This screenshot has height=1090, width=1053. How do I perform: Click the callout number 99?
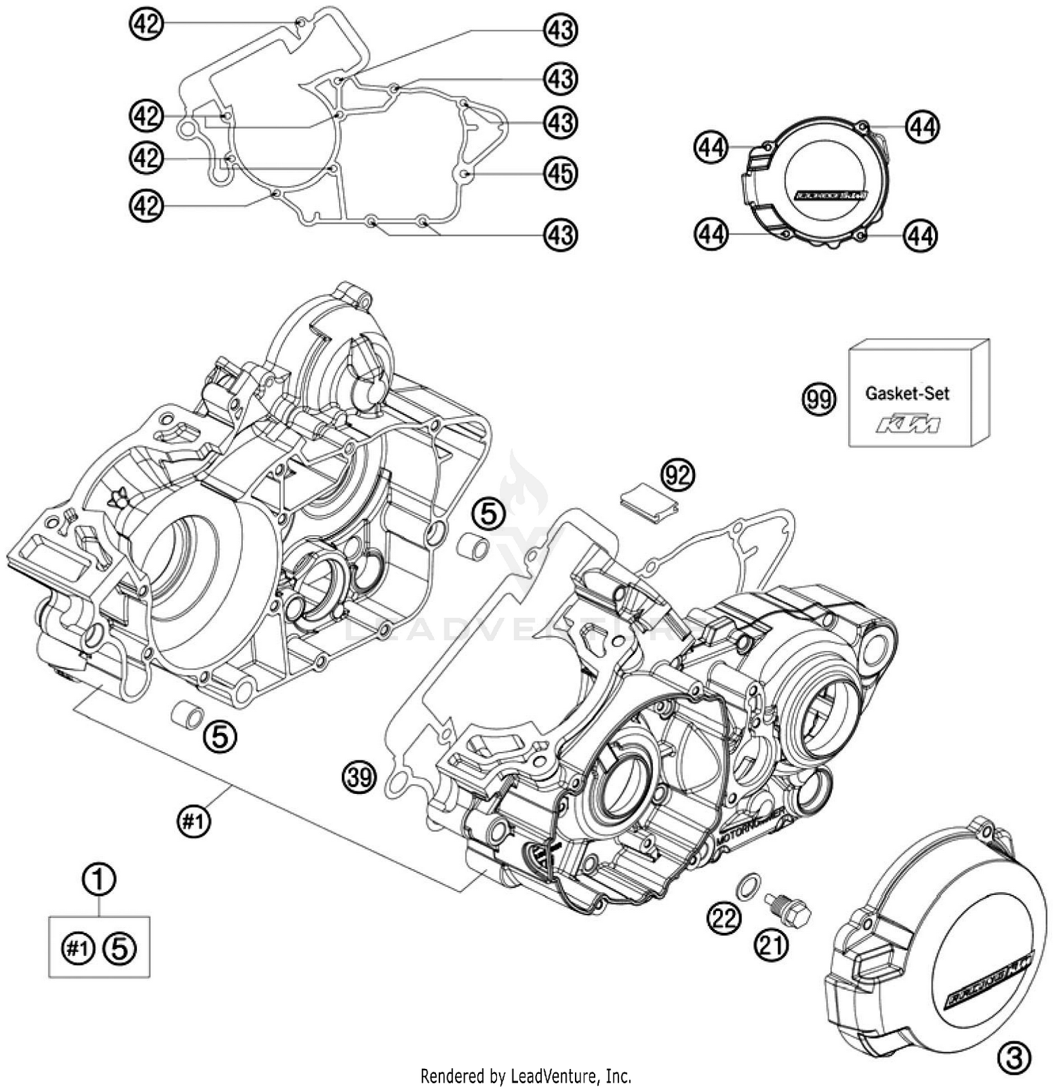[819, 400]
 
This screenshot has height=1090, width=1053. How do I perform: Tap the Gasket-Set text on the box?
[907, 393]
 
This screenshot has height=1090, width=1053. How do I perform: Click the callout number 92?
[677, 476]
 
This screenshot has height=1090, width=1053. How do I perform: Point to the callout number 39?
[359, 778]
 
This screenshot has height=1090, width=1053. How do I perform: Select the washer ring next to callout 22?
[749, 886]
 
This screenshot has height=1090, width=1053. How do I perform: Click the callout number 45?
[560, 173]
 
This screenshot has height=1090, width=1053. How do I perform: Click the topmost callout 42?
[146, 25]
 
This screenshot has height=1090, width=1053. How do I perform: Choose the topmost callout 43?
[560, 31]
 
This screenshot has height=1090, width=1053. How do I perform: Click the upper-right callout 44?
[922, 127]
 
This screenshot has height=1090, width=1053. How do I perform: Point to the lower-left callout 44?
[711, 234]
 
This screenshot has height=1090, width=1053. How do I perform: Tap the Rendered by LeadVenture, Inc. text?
[526, 1076]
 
